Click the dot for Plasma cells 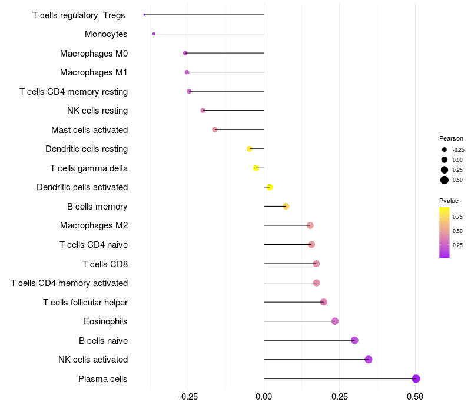point(416,378)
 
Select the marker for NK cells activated point(369,360)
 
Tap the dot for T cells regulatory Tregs point(144,15)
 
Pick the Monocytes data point point(154,34)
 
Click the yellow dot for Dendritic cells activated point(270,187)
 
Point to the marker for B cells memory point(286,206)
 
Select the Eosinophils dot point(335,321)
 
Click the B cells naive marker point(354,340)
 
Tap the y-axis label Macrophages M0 point(94,54)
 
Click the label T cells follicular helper point(85,303)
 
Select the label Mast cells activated point(89,130)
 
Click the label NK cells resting point(98,111)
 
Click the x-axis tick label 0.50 point(415,397)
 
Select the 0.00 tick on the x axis point(264,397)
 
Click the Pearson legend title point(451,138)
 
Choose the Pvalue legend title point(449,201)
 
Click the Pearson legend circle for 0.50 point(445,180)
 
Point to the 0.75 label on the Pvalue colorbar point(457,217)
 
